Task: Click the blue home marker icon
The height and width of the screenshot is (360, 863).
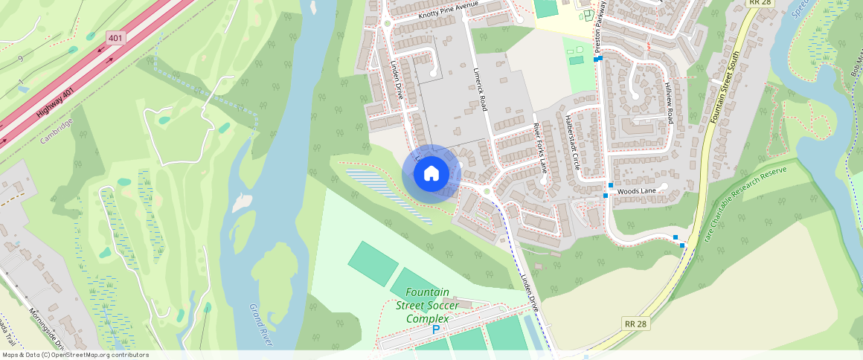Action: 431,174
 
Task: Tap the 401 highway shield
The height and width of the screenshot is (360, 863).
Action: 115,37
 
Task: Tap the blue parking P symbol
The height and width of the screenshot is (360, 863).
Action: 436,330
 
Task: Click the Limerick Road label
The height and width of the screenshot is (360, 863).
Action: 480,89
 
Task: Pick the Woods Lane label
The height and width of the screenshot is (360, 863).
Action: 636,191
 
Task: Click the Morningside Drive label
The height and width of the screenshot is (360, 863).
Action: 48,328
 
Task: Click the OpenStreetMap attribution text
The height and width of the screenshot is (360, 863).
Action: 74,355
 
